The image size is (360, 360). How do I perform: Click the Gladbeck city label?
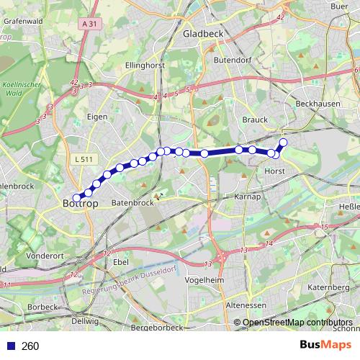click(x=204, y=33)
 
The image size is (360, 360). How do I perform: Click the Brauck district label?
click(x=256, y=120)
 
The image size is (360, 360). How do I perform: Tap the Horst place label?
click(x=275, y=171)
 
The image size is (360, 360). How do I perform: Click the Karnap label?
click(x=247, y=197)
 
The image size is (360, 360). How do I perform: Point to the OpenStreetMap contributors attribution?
click(x=297, y=323)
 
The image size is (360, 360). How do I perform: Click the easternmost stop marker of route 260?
click(x=283, y=143)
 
